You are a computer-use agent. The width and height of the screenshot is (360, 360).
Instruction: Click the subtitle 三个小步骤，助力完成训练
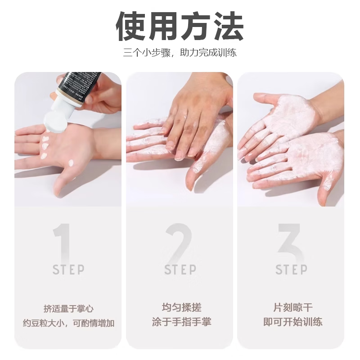[180, 53]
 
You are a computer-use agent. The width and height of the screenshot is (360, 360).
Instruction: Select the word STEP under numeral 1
[68, 270]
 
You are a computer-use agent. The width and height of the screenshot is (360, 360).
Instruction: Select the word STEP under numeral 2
[180, 270]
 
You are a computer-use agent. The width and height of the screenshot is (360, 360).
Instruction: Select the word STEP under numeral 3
[292, 270]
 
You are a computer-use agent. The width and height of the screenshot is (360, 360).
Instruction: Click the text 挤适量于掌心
[68, 309]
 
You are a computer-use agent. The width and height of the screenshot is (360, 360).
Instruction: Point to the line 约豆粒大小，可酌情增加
[68, 323]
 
